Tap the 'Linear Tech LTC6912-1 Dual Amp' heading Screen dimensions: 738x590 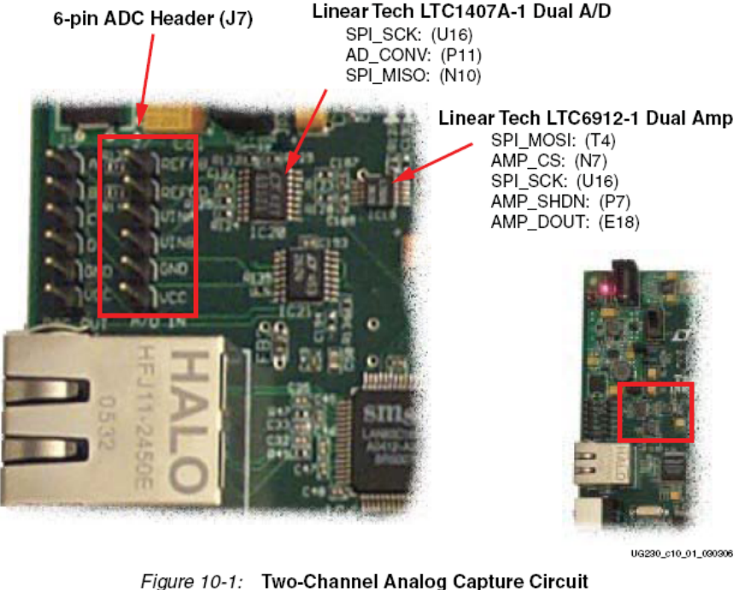[x=585, y=119]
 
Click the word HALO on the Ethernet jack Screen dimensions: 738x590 [x=191, y=410]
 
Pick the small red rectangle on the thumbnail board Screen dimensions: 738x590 [x=655, y=412]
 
